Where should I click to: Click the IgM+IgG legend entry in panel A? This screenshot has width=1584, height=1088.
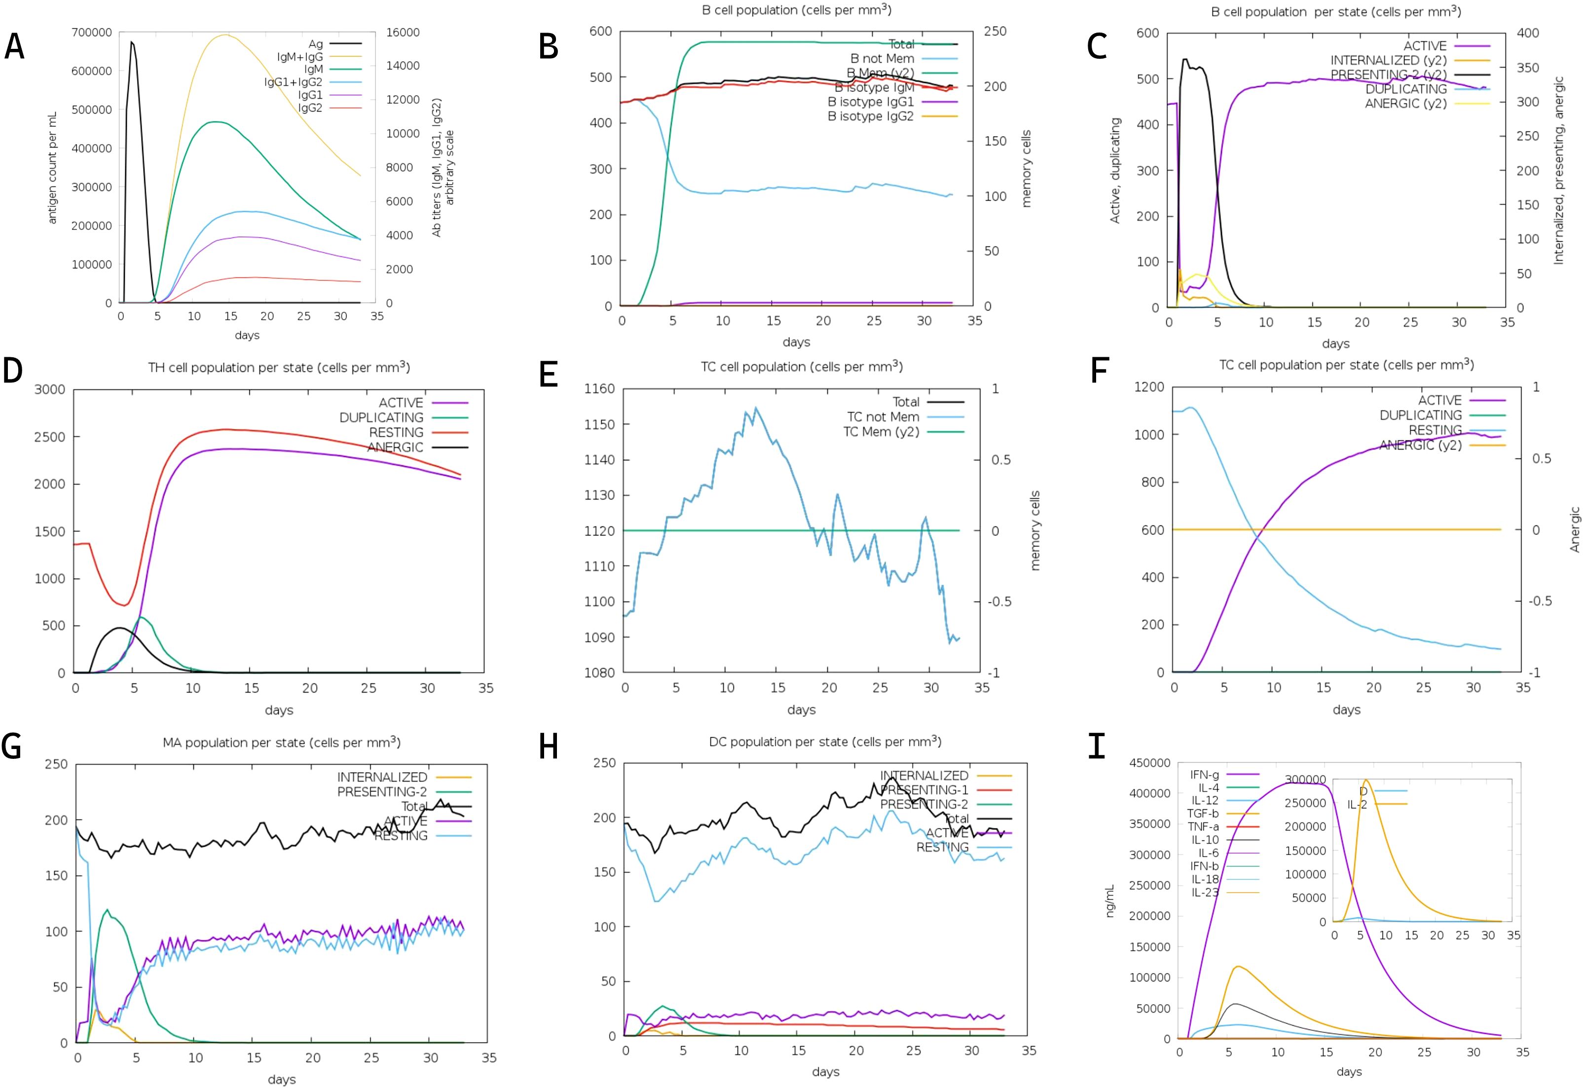pos(300,57)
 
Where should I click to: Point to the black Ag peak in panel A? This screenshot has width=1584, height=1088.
pos(132,42)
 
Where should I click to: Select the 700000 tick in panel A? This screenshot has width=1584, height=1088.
pos(91,32)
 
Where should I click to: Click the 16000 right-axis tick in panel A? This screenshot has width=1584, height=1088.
pos(403,32)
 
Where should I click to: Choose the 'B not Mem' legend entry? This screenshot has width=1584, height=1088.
pos(882,59)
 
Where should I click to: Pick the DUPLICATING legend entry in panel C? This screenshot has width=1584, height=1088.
pos(1405,89)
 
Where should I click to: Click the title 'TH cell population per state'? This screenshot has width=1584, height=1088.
pos(279,368)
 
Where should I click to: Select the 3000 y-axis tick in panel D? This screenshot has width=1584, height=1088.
pos(50,389)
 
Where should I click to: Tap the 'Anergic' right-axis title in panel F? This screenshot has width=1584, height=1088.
pos(1575,529)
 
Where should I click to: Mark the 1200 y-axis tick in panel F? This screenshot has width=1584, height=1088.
pos(1148,386)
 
